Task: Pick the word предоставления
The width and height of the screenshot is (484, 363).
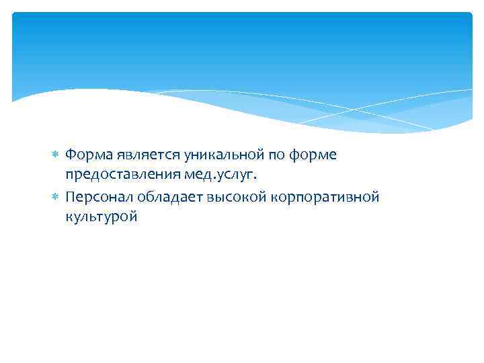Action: click(x=121, y=176)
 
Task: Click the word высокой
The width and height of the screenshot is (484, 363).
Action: click(x=222, y=197)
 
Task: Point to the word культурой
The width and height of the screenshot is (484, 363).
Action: click(x=102, y=218)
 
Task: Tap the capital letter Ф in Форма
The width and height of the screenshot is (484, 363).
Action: click(x=71, y=155)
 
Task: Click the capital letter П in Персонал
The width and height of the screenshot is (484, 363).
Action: click(x=71, y=197)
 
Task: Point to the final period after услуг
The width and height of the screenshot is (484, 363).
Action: click(x=255, y=179)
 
